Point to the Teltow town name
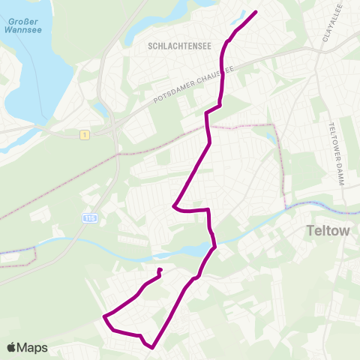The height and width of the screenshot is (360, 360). [x=328, y=231]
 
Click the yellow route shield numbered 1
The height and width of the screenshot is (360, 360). [x=86, y=134]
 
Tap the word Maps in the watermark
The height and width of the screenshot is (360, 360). [x=32, y=347]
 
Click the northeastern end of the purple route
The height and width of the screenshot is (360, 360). [x=256, y=12]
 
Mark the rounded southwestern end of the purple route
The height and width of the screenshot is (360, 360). [x=160, y=270]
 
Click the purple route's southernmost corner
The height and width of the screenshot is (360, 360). [x=152, y=347]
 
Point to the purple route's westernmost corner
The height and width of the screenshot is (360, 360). [x=103, y=316]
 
